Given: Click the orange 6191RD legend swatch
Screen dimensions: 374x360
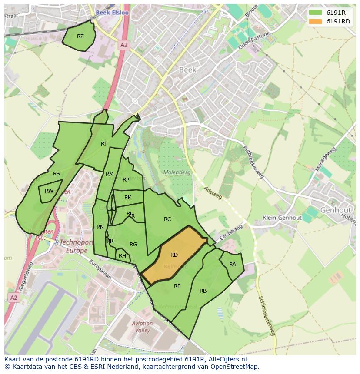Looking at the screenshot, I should tap(316, 21).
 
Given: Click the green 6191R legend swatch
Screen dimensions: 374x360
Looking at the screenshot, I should tap(316, 13).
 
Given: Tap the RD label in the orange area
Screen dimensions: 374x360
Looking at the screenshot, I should tap(174, 255).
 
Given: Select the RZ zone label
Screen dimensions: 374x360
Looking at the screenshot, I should tap(80, 36).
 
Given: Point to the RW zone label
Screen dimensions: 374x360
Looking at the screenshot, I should tap(49, 191).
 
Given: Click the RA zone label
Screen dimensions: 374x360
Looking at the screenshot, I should tap(233, 265).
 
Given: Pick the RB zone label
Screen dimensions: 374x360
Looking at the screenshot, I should tap(203, 291).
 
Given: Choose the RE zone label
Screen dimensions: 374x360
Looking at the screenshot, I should tap(177, 286).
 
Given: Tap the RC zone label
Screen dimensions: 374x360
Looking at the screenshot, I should tap(167, 219).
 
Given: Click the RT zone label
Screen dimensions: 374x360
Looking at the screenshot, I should tap(104, 144).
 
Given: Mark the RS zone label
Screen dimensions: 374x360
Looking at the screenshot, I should tap(57, 174).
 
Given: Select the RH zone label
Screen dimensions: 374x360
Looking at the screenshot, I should tap(122, 256).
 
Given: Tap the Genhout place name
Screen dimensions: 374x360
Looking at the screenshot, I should tap(335, 210).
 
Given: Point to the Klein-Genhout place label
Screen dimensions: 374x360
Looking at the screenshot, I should tap(283, 218).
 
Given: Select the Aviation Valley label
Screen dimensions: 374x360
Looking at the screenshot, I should tap(142, 327).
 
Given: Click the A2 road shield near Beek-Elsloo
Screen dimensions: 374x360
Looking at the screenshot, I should tap(124, 45).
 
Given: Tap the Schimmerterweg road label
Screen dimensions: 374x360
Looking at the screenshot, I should tap(267, 316).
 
